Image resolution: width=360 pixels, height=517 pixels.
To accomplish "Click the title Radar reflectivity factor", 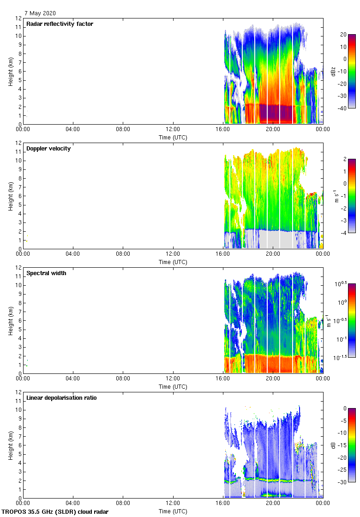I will [x=60, y=24].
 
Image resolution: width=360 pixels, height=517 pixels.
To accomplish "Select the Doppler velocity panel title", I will [x=48, y=149].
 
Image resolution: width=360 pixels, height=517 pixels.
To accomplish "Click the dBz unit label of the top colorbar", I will [x=333, y=71].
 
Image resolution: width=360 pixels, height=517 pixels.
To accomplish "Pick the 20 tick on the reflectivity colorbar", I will [x=343, y=35].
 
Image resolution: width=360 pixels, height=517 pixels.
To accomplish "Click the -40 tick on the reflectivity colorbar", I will [x=343, y=108].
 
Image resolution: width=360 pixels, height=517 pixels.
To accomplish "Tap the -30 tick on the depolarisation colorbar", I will [x=343, y=482].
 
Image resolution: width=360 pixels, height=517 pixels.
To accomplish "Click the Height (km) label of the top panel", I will [x=10, y=71].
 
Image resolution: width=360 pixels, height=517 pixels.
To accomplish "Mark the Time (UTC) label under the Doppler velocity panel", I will [x=173, y=262].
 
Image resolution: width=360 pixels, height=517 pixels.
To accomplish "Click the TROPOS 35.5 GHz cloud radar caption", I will [x=55, y=511].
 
